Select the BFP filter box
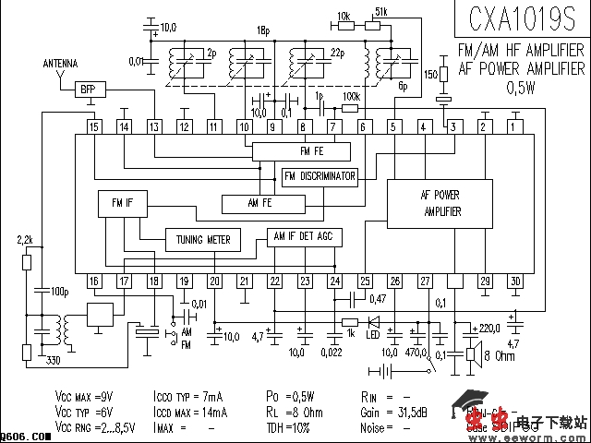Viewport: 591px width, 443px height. [x=88, y=90]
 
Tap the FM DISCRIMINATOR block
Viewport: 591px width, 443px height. [x=320, y=176]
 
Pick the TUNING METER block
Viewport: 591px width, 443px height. [x=203, y=240]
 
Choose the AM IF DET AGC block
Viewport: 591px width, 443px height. [x=304, y=236]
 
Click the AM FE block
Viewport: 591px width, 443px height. [x=261, y=202]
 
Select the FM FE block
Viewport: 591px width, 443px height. [x=301, y=151]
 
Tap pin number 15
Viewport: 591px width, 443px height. [x=94, y=126]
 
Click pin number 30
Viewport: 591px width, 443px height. [x=514, y=281]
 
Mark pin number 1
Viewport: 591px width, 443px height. [x=513, y=126]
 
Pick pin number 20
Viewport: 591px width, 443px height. [x=214, y=281]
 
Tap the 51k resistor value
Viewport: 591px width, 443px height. [x=381, y=13]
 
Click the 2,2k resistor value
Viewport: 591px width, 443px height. [x=26, y=240]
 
